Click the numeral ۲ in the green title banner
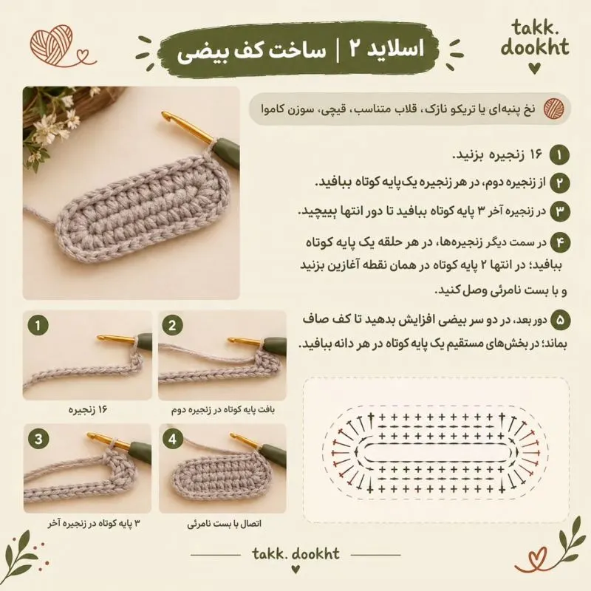357,49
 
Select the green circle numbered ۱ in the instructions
559,155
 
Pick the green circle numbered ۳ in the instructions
559,211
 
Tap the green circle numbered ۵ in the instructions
560,320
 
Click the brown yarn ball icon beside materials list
553,108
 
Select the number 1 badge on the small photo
38,325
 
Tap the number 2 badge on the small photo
172,325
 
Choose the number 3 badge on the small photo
38,439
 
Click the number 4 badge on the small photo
173,439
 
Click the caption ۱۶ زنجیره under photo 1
88,410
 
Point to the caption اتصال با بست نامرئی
225,524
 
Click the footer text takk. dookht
296,553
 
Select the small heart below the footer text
296,567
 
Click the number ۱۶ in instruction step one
536,154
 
